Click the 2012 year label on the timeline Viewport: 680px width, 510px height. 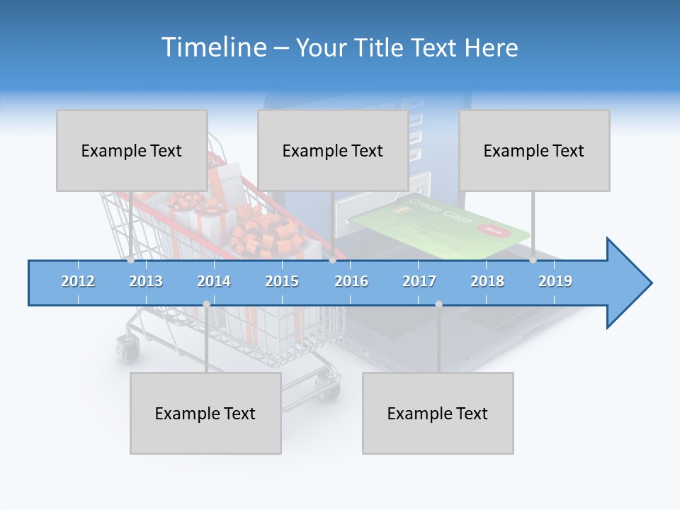tap(78, 281)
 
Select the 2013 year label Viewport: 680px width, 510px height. tap(146, 281)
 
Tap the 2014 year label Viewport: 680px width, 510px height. tap(214, 281)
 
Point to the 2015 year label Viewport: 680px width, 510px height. tap(282, 281)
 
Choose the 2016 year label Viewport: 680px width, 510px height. tap(351, 281)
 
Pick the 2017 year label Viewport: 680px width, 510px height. tap(419, 281)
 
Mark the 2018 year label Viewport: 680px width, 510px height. tap(487, 281)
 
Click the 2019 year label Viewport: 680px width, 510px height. tap(555, 281)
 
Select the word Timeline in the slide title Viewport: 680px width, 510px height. tap(212, 47)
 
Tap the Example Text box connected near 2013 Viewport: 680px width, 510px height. tap(132, 150)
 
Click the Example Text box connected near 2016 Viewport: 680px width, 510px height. tap(333, 150)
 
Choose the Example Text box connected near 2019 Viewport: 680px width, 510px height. tap(534, 150)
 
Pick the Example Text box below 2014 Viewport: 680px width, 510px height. tap(205, 413)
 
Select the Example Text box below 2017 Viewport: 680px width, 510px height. tap(438, 413)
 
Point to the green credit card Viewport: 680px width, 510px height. tap(439, 227)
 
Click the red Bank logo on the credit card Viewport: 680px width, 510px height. tap(494, 229)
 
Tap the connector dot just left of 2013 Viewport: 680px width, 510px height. tap(131, 260)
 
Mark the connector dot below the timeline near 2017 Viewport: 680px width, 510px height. tap(438, 304)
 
